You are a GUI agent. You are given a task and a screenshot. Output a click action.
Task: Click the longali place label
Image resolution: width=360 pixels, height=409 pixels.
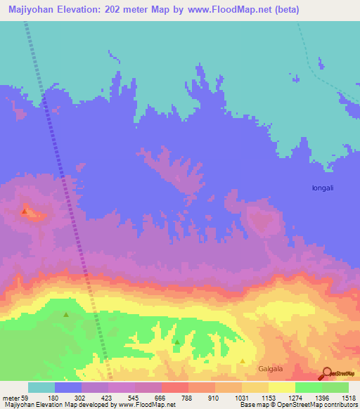click(326, 188)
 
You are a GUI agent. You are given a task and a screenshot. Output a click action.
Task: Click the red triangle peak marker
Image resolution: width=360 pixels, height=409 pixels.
click(25, 210)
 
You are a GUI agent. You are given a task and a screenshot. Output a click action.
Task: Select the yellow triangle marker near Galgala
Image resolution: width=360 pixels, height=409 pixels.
click(243, 361)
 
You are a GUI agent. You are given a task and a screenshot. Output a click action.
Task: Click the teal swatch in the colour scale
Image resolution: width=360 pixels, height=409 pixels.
click(41, 388)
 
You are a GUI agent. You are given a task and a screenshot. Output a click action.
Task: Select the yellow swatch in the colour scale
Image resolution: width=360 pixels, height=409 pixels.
click(282, 388)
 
